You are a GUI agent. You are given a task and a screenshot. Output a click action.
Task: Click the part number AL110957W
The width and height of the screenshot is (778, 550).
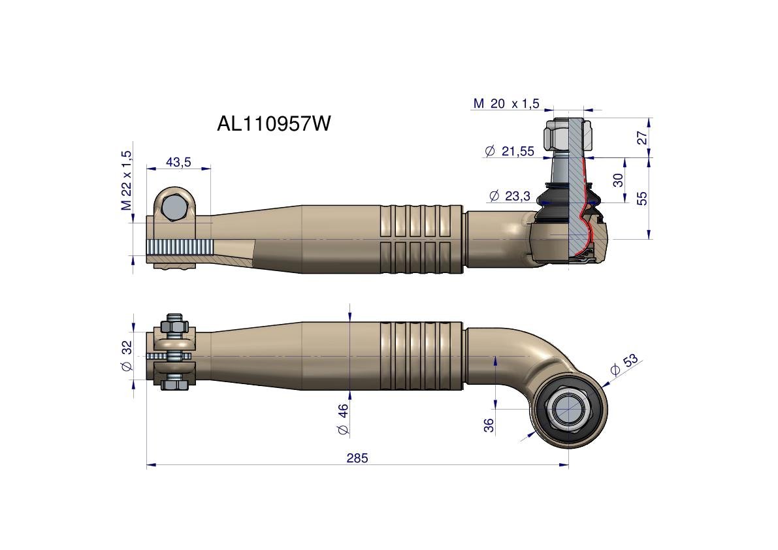point(274,123)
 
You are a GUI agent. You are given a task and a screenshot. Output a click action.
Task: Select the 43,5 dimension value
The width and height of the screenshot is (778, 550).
point(178,162)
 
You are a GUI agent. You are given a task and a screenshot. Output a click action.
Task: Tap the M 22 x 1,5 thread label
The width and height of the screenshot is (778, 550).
point(126,180)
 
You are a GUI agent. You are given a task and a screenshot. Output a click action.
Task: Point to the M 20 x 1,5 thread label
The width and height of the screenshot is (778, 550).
point(506,103)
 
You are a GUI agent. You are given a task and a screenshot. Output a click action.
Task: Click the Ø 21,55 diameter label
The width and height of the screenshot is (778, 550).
point(510,152)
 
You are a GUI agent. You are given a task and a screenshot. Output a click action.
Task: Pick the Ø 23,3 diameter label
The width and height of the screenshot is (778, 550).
point(509,195)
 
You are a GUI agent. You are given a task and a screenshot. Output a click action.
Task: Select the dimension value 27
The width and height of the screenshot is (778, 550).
point(642,137)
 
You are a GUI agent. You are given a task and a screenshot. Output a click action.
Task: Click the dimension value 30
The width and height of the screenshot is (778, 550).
point(618,180)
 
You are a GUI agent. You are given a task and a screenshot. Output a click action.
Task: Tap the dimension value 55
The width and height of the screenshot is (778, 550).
point(642,198)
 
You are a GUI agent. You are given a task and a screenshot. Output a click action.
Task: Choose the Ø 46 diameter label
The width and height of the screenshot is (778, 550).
point(344,419)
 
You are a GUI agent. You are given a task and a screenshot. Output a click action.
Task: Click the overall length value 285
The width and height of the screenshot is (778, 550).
point(357,458)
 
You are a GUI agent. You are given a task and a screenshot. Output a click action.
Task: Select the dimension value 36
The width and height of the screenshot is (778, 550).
point(489,426)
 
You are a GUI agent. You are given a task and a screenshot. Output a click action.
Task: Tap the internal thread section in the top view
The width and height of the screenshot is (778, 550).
point(180,248)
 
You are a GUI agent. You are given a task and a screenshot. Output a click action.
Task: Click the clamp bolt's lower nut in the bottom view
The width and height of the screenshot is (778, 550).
point(173,384)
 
